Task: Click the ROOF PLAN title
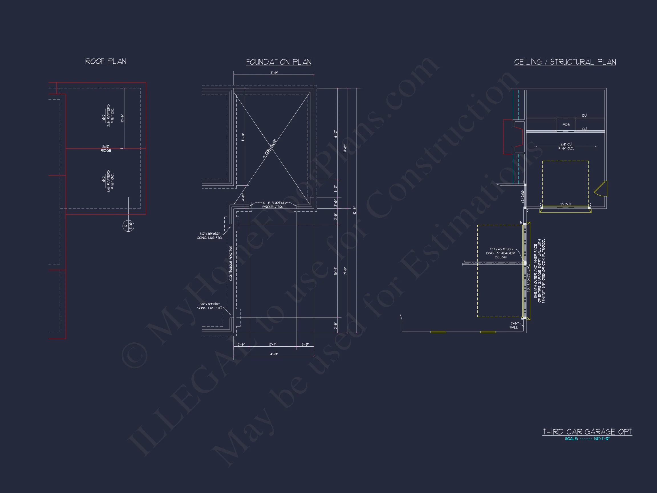(x=106, y=62)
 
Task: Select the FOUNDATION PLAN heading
(x=279, y=62)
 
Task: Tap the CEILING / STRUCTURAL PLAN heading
(x=565, y=62)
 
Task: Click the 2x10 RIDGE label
(x=106, y=149)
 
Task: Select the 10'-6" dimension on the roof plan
(x=122, y=118)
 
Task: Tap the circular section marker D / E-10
(x=128, y=227)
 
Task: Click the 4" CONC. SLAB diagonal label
(x=269, y=149)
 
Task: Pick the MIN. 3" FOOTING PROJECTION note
(x=273, y=205)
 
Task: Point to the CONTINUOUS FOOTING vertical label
(x=231, y=263)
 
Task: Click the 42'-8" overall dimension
(x=354, y=211)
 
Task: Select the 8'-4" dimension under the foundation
(x=273, y=344)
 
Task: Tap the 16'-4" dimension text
(x=336, y=271)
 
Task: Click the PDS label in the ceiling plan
(x=566, y=125)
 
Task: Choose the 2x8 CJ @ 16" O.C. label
(x=566, y=146)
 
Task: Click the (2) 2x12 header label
(x=565, y=204)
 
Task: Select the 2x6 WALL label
(x=514, y=325)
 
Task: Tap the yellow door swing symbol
(x=602, y=189)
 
